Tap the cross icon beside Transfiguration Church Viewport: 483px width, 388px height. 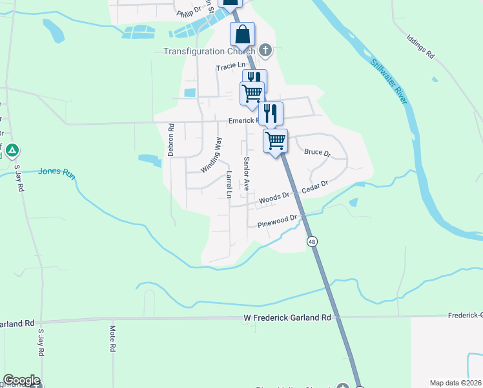(265, 50)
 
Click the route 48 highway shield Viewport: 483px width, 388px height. (313, 241)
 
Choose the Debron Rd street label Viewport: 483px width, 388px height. (171, 140)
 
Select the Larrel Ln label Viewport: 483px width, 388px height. (229, 184)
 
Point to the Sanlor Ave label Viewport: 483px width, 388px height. (246, 173)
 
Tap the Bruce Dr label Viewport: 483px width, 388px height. (317, 153)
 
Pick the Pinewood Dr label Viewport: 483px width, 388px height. (277, 222)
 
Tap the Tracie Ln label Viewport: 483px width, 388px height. (231, 65)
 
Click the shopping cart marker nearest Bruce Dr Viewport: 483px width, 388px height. (276, 140)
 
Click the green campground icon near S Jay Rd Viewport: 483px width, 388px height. (12, 152)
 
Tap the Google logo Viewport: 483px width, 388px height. (21, 380)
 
